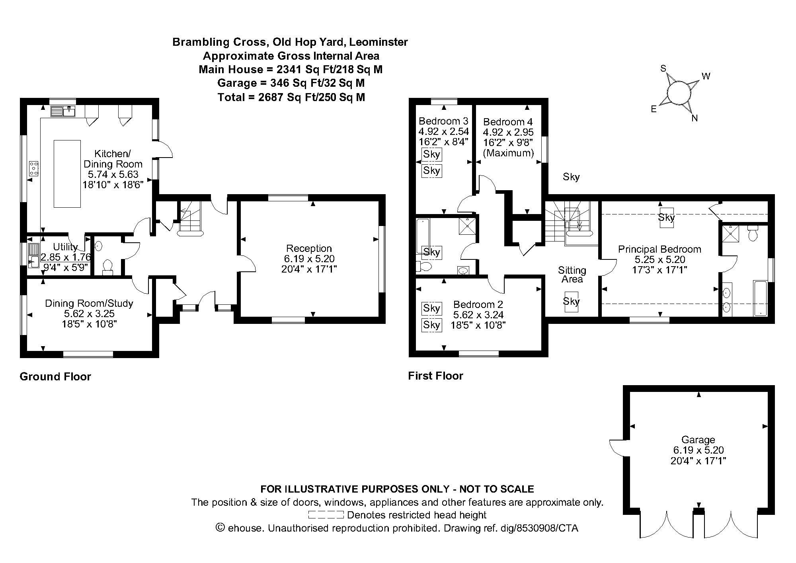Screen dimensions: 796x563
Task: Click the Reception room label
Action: [x=309, y=249]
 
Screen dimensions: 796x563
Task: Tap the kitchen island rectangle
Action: [x=67, y=173]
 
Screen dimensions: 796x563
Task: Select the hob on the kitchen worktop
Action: [x=33, y=168]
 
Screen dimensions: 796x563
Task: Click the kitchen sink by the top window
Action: [x=63, y=111]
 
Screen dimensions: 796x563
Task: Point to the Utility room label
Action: [x=65, y=247]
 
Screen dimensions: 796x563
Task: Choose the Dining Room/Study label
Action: [x=89, y=304]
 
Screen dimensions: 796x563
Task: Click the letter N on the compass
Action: [x=695, y=118]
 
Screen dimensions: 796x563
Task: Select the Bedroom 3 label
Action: [x=443, y=121]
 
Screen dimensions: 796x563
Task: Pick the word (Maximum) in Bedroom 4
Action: [x=508, y=153]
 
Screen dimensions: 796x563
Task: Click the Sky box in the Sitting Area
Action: [x=571, y=302]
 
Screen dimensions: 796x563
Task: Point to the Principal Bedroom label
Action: [x=659, y=249]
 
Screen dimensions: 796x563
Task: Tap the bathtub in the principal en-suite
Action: [x=760, y=298]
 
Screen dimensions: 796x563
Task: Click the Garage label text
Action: [x=698, y=440]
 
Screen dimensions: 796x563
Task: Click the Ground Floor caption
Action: [x=55, y=377]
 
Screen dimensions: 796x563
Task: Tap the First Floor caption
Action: [x=435, y=376]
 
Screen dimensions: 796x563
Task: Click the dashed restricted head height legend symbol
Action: [x=326, y=515]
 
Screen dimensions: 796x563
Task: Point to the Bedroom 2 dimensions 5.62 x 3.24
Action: [x=478, y=315]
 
